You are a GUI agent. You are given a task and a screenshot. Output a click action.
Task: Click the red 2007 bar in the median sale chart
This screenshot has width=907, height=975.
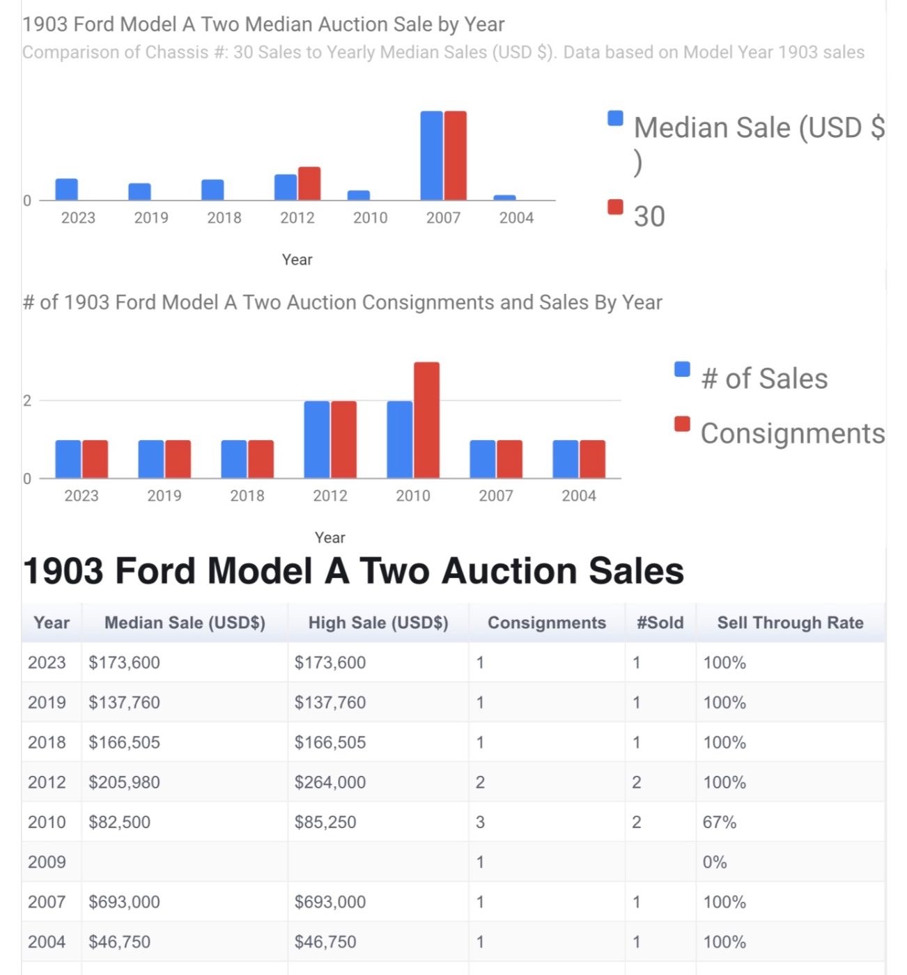click(x=456, y=155)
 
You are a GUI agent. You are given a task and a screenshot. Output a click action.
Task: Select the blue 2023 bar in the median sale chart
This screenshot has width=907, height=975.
click(x=67, y=189)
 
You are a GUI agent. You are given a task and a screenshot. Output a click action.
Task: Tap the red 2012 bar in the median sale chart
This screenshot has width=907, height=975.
click(x=309, y=184)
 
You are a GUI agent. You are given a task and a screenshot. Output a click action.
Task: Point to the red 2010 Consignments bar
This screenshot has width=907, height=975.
click(x=426, y=420)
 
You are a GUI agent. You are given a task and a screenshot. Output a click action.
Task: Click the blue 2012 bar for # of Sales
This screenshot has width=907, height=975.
click(x=317, y=439)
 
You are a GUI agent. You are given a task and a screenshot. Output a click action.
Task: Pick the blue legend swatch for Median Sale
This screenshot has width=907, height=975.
click(x=615, y=118)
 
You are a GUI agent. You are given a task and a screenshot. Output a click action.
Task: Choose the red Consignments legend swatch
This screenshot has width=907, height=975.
click(x=683, y=424)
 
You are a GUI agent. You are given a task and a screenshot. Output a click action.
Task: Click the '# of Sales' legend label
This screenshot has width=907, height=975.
click(x=764, y=379)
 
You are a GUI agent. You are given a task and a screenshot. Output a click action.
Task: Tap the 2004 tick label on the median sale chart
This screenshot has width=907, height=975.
click(x=516, y=218)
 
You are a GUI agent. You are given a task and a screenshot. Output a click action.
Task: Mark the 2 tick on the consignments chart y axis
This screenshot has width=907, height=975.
click(x=27, y=400)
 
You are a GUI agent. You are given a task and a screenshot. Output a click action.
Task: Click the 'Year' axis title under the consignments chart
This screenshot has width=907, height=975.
click(x=330, y=538)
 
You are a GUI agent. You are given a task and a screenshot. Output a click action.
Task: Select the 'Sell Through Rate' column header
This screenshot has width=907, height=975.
click(x=790, y=623)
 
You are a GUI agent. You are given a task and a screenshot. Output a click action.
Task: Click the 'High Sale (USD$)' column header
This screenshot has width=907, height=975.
click(x=378, y=623)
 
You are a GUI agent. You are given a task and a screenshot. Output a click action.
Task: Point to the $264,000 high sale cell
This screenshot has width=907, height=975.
click(x=330, y=782)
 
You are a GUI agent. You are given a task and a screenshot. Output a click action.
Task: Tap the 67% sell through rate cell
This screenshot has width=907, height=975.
click(x=720, y=822)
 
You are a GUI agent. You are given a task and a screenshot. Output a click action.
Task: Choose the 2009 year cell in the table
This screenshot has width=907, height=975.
click(x=47, y=861)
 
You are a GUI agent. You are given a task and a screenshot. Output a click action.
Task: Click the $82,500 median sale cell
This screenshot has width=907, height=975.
click(x=119, y=822)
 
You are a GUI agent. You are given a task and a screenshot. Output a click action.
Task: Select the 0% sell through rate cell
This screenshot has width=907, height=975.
click(x=715, y=861)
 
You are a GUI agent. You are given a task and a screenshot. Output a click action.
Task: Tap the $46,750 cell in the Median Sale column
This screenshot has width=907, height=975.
click(x=119, y=942)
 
